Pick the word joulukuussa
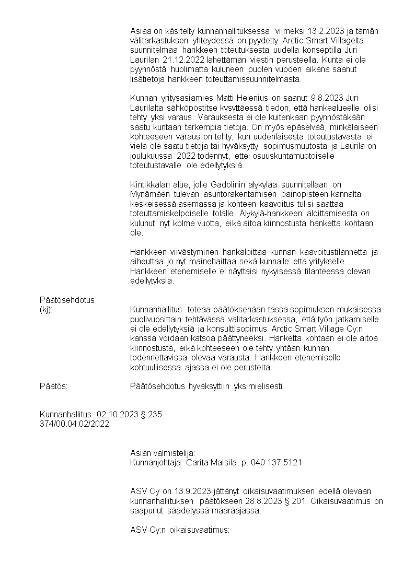pyautogui.click(x=151, y=156)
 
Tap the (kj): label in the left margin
pyautogui.click(x=46, y=309)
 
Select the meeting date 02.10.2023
pyautogui.click(x=118, y=415)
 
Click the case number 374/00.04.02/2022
pyautogui.click(x=74, y=424)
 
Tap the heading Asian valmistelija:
pyautogui.click(x=162, y=453)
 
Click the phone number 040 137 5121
pyautogui.click(x=276, y=463)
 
